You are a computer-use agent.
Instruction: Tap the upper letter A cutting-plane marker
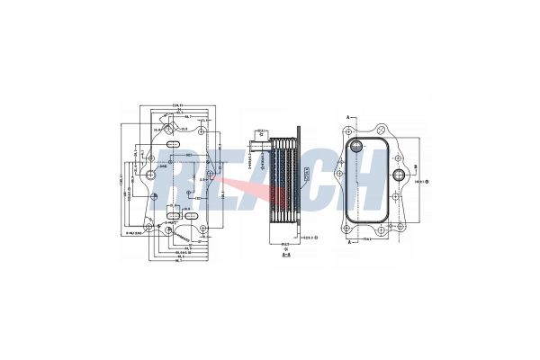point(348,118)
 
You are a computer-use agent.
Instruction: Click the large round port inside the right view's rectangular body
point(358,146)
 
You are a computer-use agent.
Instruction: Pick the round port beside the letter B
point(397,170)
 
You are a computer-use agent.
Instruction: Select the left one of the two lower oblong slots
point(170,216)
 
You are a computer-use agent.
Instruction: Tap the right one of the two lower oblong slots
point(190,216)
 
